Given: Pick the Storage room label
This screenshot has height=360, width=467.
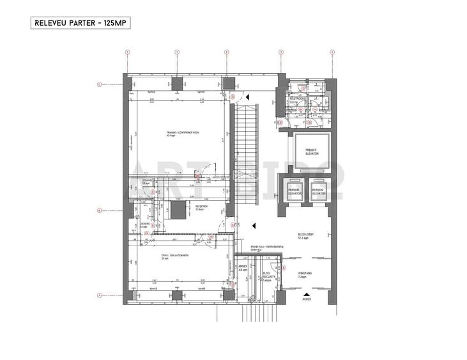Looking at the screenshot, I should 146,182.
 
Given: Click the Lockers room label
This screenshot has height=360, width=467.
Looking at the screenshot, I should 145,225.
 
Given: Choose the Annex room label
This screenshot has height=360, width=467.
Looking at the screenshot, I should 243,269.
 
